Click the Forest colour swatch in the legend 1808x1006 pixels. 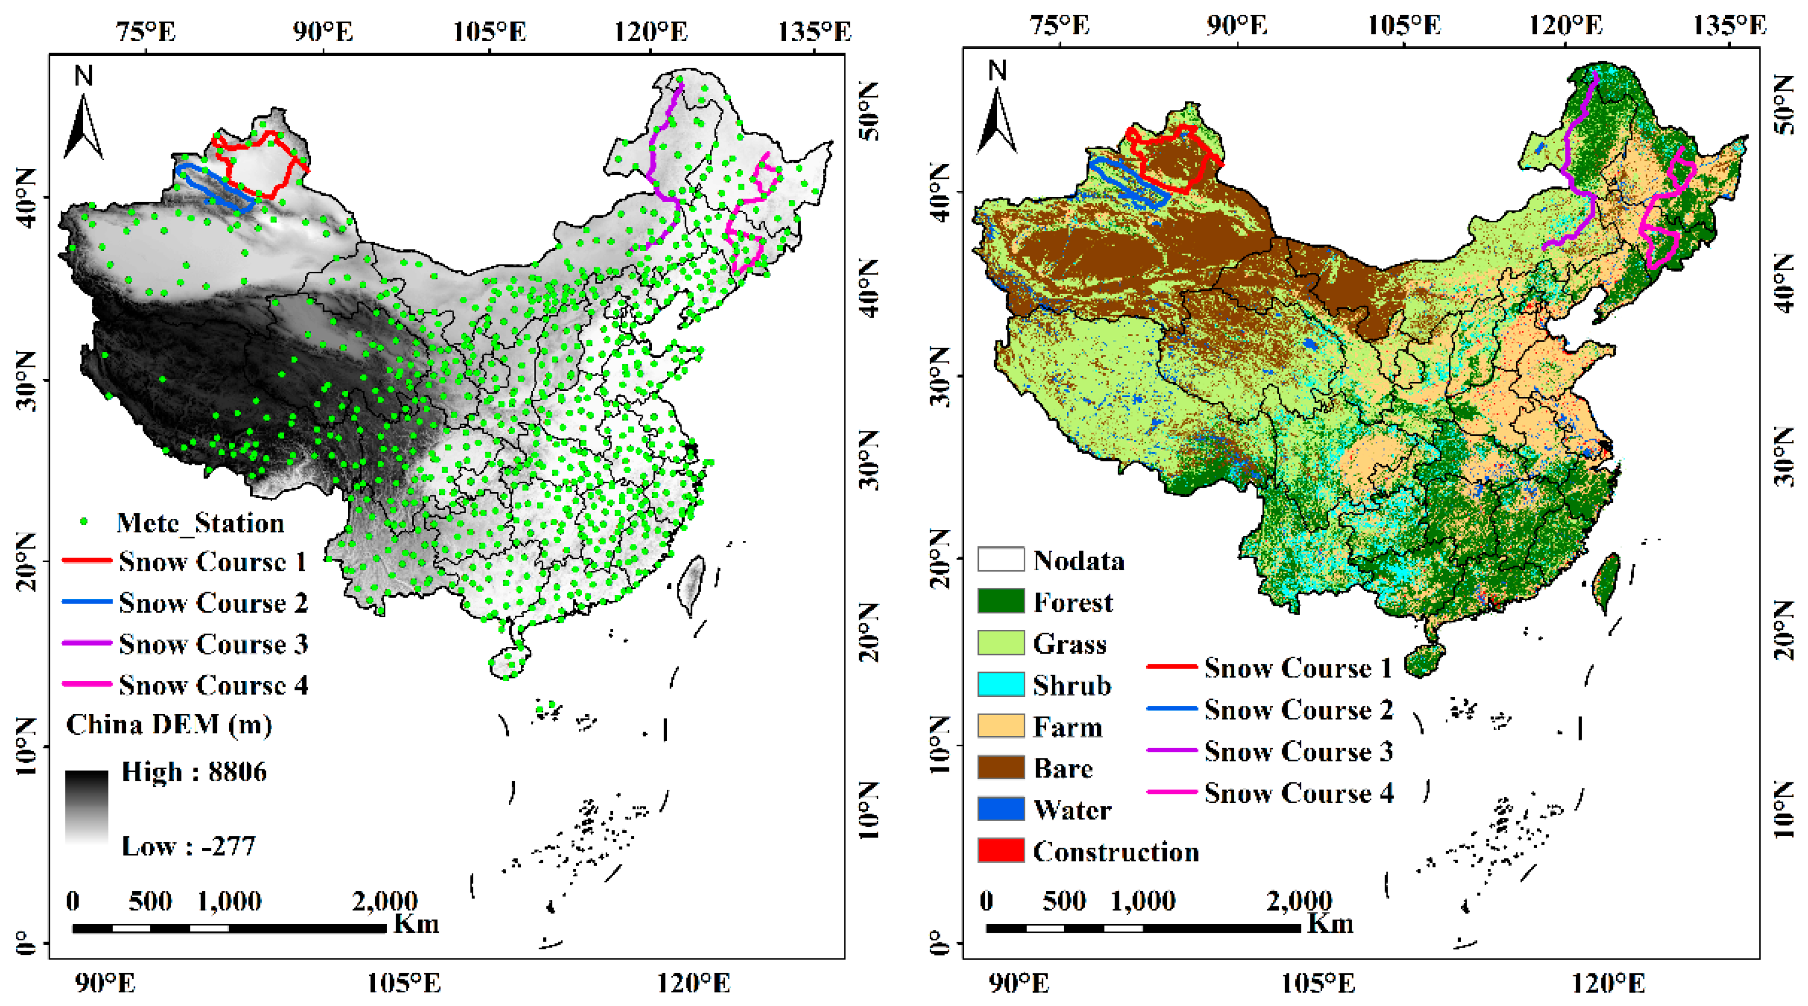tap(1000, 601)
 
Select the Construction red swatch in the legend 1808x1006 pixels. tap(1000, 851)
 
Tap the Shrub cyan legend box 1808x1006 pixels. tap(1000, 685)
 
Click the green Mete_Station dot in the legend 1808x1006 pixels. tap(84, 522)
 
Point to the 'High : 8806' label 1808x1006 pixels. tap(193, 771)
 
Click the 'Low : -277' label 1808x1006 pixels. tap(188, 846)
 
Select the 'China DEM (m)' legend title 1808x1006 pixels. tap(168, 724)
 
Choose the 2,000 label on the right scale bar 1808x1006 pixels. tap(1299, 900)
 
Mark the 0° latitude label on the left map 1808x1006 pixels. tap(24, 942)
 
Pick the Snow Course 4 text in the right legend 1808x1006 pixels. tap(1299, 793)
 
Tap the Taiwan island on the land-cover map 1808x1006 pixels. tap(1606, 583)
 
